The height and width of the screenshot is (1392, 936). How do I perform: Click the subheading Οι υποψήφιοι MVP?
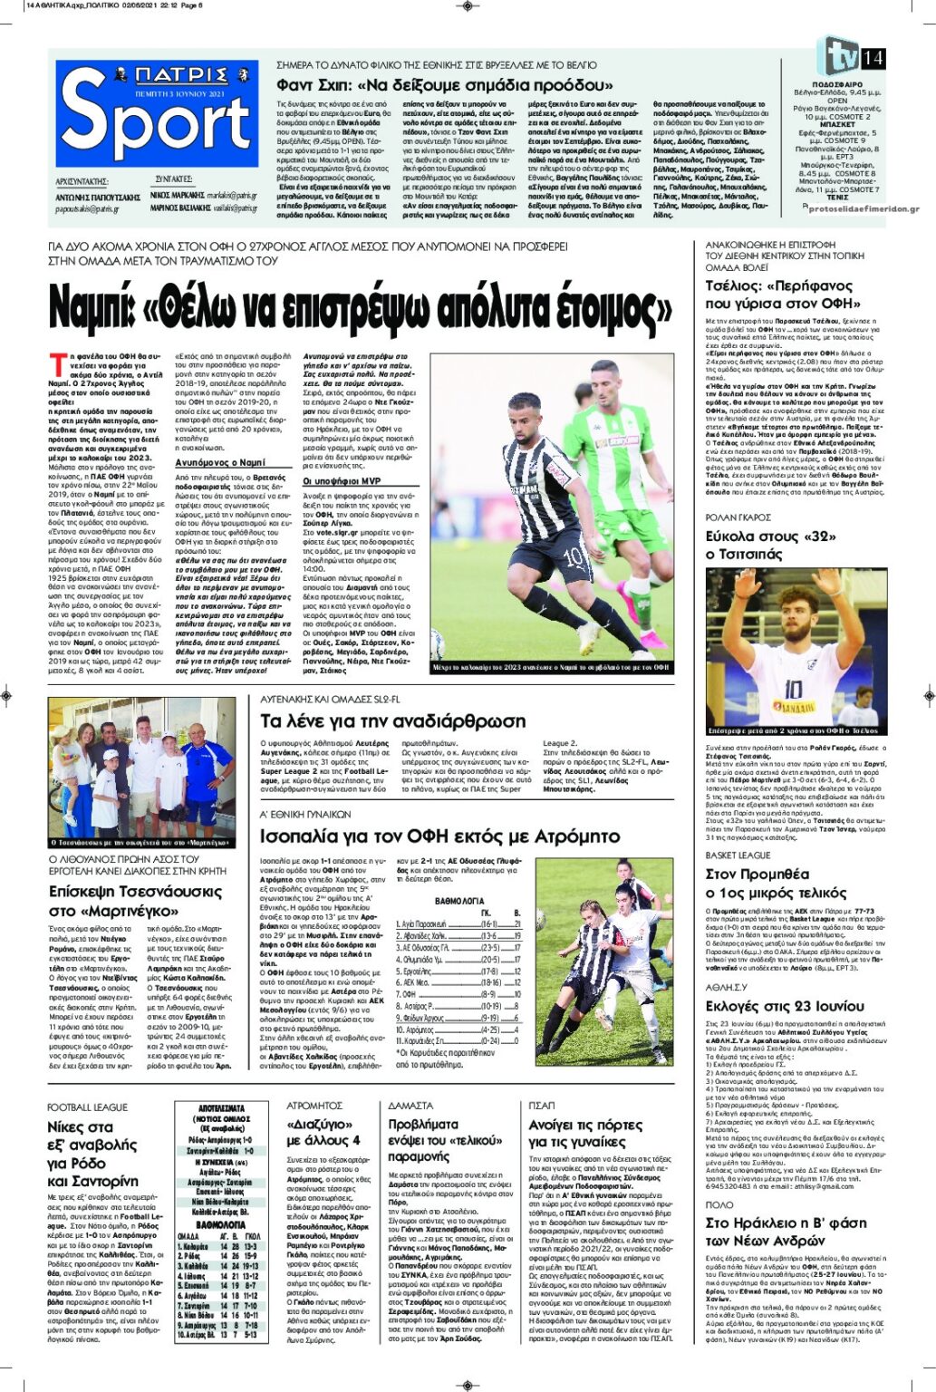tap(342, 481)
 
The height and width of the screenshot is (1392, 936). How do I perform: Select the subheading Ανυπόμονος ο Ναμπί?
tap(219, 462)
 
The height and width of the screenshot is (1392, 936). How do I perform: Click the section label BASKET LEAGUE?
tap(738, 855)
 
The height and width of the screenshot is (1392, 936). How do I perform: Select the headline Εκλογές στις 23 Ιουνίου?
tap(785, 1006)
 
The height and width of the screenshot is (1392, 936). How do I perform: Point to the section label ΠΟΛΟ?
tap(719, 1204)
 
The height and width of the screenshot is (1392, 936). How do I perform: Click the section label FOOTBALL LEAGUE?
tap(88, 1107)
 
